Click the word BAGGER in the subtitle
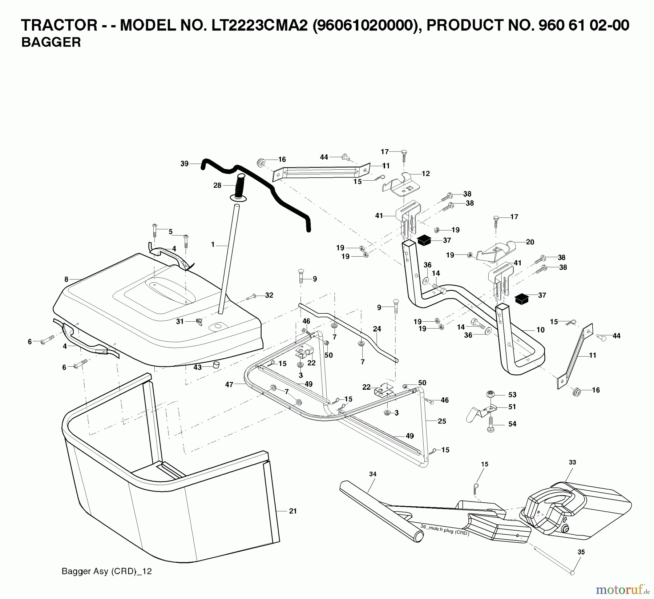pos(51,43)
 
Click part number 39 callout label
pos(185,164)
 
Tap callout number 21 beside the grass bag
pos(293,511)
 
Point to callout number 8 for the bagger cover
pos(66,280)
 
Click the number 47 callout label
pos(229,385)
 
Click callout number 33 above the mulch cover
pos(572,462)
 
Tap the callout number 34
pos(372,474)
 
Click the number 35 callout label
pos(581,552)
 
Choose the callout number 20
pos(530,242)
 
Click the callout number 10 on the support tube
pos(540,330)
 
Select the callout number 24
pos(377,329)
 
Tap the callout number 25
pos(442,421)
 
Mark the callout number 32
pos(269,296)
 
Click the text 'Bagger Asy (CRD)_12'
pos(106,571)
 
